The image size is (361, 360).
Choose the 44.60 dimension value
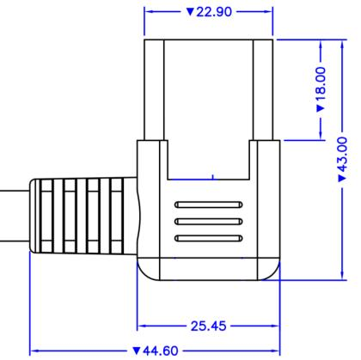[x=161, y=351]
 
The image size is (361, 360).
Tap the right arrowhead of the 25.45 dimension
[x=274, y=326]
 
